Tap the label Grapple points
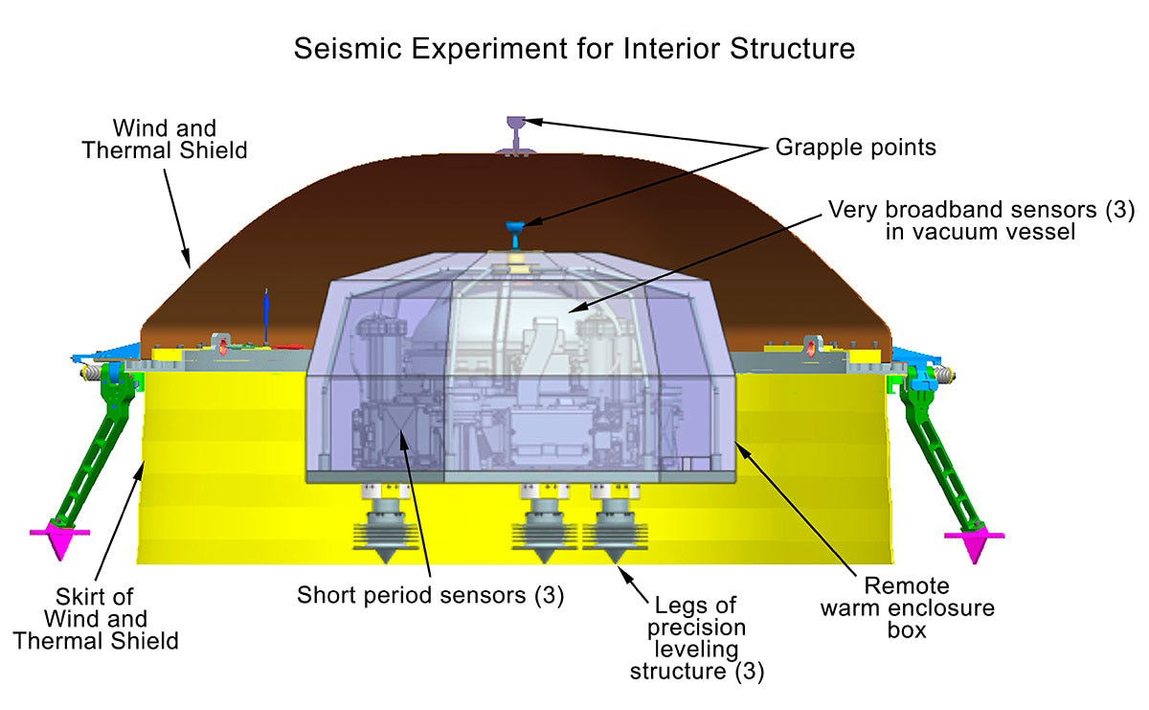coord(856,148)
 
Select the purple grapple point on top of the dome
coord(516,135)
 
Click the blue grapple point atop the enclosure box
coord(515,235)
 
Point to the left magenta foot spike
coord(60,539)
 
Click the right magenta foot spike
coord(975,544)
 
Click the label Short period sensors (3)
coord(430,596)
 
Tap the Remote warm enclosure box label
coord(907,608)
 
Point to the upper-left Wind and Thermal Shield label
coord(165,140)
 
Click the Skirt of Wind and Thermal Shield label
coord(96,619)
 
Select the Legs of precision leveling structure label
coord(697,639)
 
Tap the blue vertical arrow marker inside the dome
coord(266,316)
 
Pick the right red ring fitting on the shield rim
coord(810,347)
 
